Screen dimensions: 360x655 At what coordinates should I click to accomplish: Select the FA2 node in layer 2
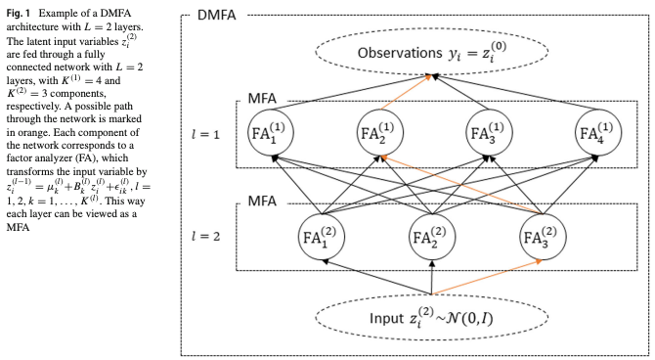[x=432, y=238]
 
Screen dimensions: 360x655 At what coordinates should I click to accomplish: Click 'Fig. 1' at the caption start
[x=19, y=9]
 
